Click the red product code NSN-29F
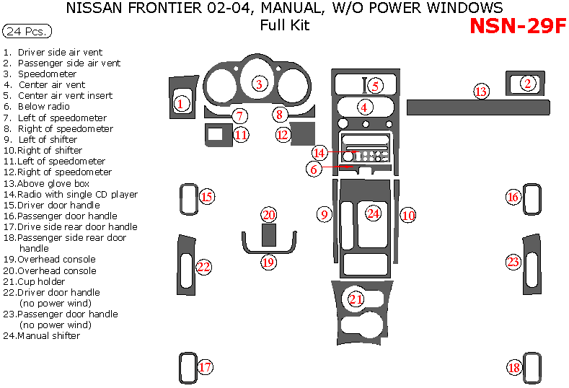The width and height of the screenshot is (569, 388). point(516,25)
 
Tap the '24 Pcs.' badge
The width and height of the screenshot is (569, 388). point(27,32)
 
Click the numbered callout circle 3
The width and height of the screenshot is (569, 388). point(258,84)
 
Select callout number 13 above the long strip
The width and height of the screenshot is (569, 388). point(481,92)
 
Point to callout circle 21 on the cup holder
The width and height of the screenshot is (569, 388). point(356,299)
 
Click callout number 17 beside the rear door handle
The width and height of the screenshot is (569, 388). point(206,368)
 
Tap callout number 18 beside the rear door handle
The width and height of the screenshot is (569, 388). point(513,368)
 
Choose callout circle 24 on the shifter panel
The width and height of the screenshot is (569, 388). point(373,213)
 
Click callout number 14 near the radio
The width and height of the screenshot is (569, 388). point(319,153)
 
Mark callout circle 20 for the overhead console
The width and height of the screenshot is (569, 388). point(269,215)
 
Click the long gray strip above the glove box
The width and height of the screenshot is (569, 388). point(478,108)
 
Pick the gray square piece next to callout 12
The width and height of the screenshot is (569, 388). point(304,133)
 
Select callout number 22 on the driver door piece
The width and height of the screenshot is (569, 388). point(204,268)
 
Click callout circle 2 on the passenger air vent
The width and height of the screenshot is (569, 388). point(528,84)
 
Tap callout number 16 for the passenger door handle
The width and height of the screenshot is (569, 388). point(513,197)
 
